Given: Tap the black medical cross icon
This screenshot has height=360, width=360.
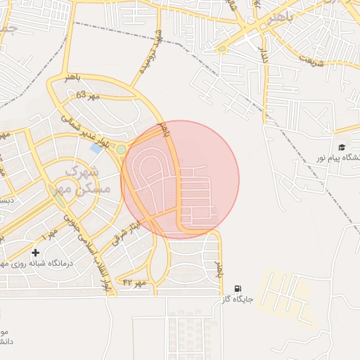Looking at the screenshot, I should tap(35, 252).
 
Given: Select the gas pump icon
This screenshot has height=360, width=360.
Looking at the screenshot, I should tap(238, 288).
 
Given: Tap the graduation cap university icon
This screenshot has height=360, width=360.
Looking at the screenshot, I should tap(342, 148).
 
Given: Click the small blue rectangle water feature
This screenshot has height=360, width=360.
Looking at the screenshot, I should tap(96, 148).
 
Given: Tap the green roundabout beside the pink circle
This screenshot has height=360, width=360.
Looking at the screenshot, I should tap(121, 149).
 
